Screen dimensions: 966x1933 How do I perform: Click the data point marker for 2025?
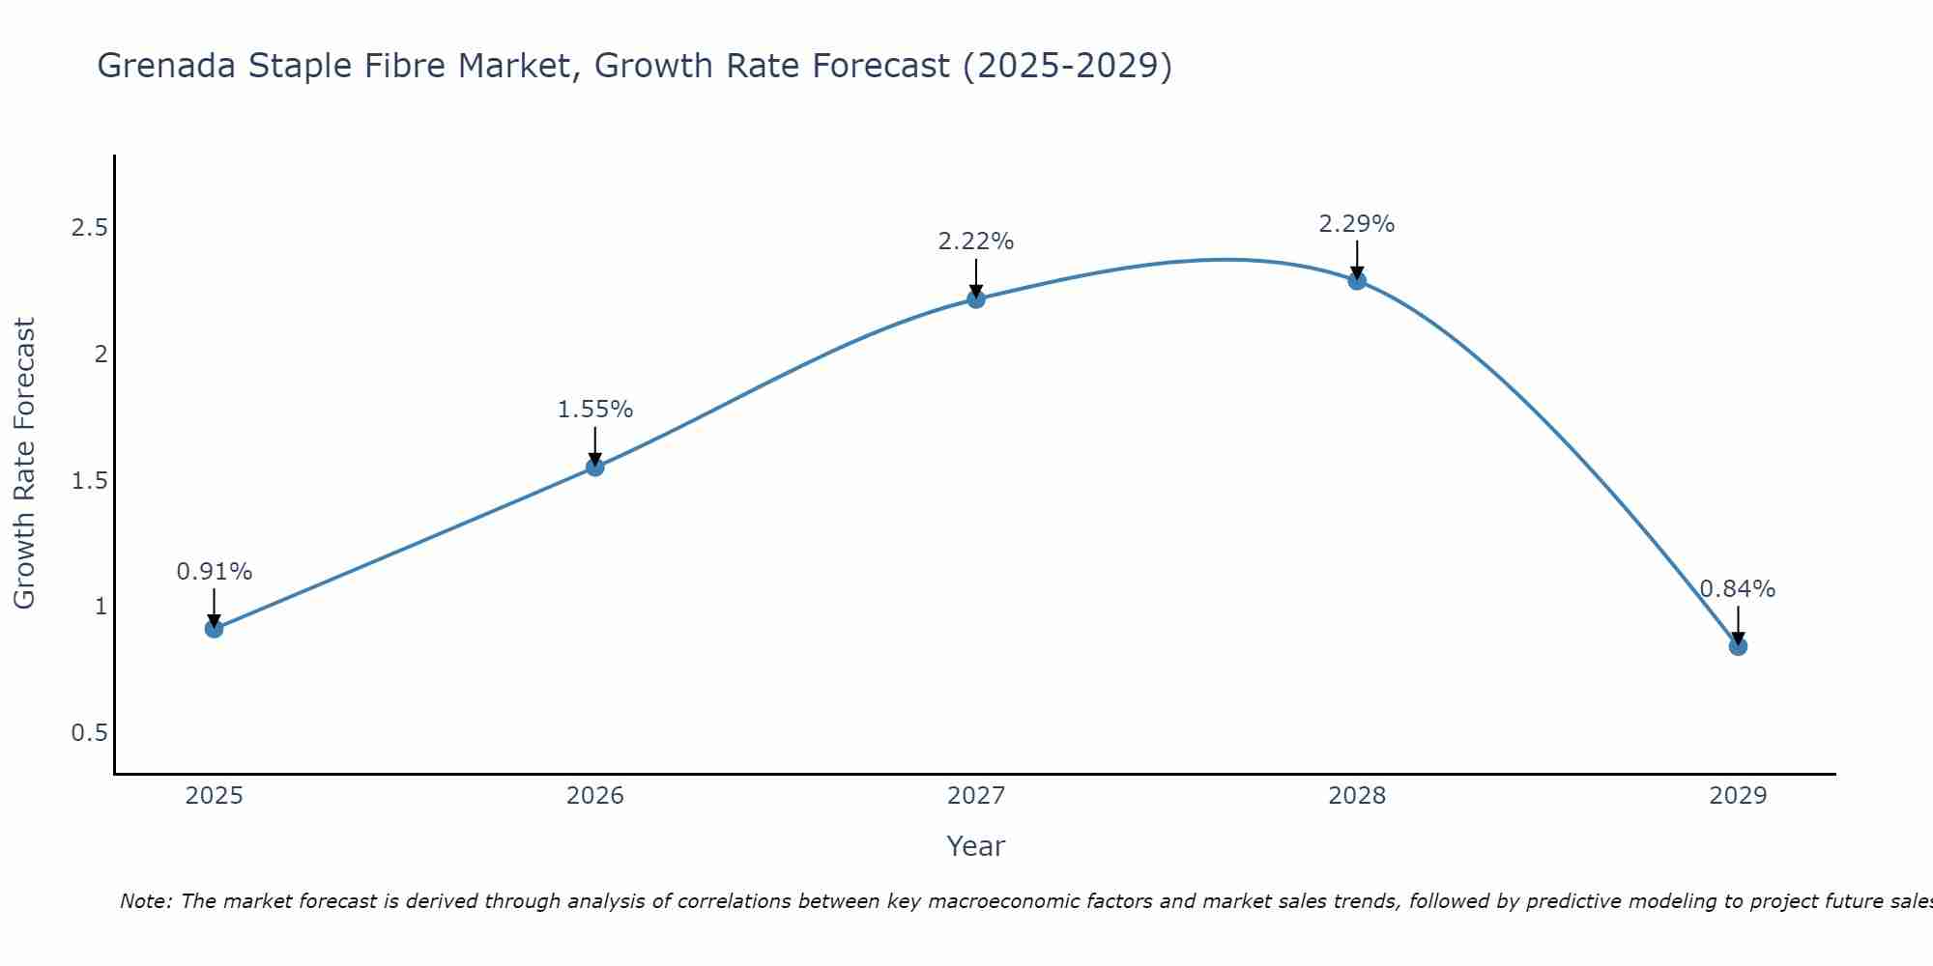[215, 629]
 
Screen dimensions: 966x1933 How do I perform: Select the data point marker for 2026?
[595, 468]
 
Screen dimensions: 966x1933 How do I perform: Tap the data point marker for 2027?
[976, 299]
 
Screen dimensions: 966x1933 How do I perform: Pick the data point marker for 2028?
[1357, 281]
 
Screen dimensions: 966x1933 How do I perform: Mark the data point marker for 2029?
[1738, 646]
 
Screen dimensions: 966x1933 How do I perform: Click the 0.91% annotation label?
[215, 572]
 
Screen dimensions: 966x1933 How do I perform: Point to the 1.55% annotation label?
[595, 410]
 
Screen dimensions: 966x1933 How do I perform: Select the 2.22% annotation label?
[976, 241]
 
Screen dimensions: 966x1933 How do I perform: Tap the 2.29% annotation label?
[1357, 224]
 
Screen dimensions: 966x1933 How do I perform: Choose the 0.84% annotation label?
[1738, 589]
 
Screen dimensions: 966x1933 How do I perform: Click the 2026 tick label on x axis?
[595, 796]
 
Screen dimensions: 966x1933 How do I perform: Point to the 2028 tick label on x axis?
[1357, 796]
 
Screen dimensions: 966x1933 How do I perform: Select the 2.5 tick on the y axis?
[89, 228]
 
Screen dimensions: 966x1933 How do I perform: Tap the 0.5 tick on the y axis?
[89, 733]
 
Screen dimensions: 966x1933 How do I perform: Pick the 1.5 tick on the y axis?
[89, 481]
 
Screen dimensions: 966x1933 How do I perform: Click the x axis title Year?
[976, 846]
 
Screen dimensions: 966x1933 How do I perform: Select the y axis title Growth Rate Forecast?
[25, 464]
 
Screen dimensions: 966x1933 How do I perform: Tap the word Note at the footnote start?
[145, 901]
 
